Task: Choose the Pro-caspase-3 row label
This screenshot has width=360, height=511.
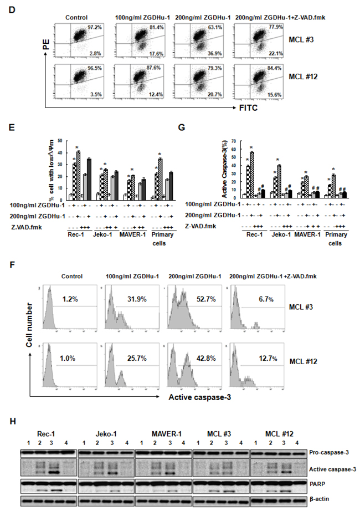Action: [327, 453]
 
